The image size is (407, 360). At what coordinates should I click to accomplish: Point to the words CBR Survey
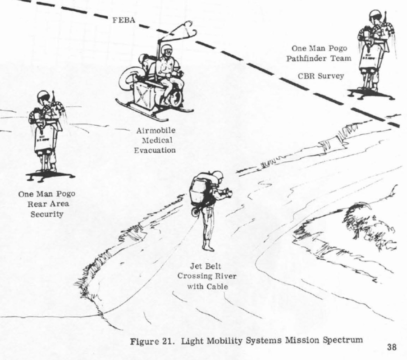pyautogui.click(x=321, y=76)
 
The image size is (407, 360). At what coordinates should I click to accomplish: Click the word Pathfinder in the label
pyautogui.click(x=310, y=58)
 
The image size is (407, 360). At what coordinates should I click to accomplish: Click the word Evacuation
pyautogui.click(x=155, y=150)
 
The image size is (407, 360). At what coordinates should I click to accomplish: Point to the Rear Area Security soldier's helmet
pyautogui.click(x=43, y=96)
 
